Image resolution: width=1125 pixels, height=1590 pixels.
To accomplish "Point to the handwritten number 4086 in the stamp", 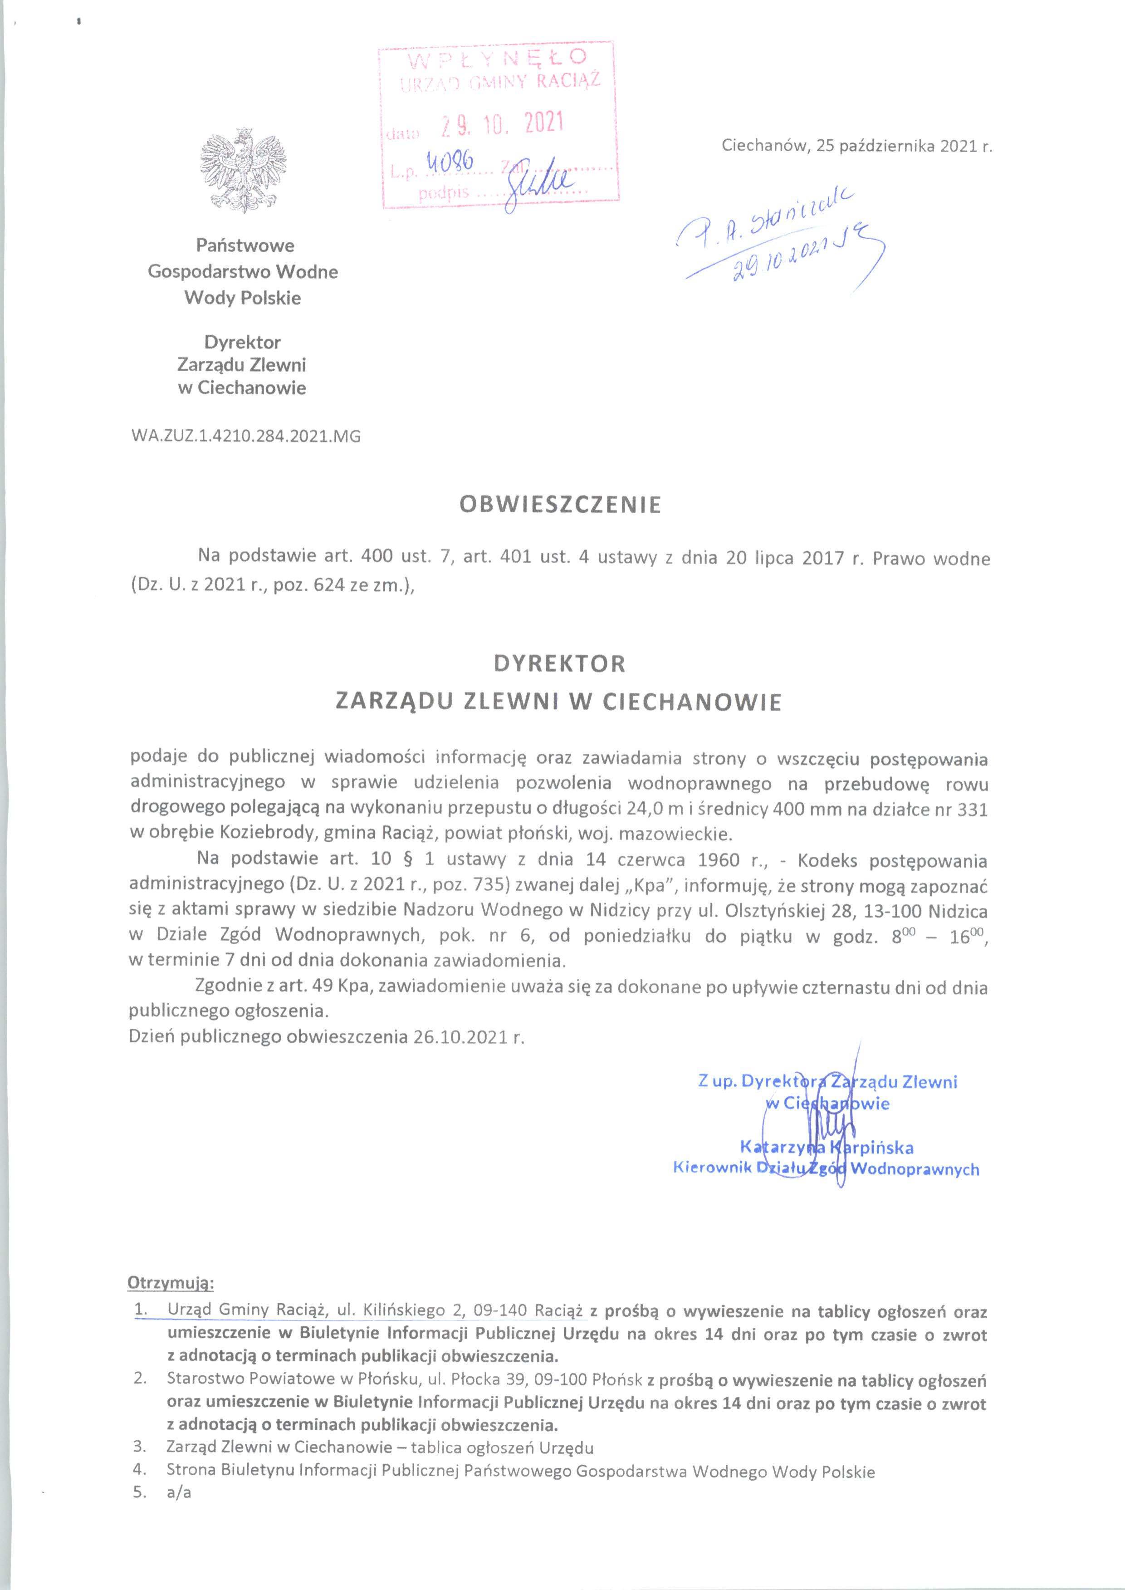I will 450,163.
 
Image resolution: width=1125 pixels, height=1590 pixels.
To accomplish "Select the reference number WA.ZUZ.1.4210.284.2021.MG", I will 245,437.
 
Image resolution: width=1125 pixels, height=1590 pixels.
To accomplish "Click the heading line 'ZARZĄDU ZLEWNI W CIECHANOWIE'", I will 558,702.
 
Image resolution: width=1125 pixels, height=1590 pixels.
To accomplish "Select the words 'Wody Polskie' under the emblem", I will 242,299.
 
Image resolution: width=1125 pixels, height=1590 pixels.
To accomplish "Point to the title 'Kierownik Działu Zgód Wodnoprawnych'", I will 827,1169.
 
